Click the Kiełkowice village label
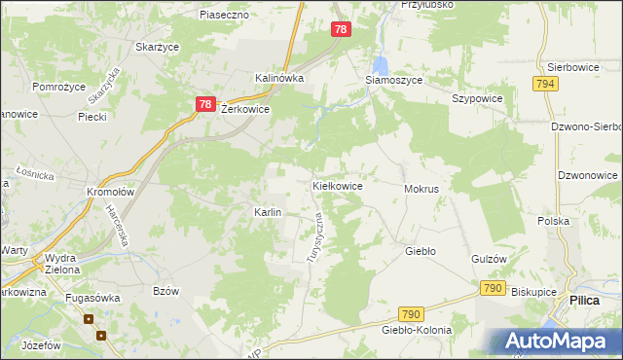point(337,185)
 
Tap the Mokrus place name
point(421,188)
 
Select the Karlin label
point(268,212)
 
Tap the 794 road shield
point(545,86)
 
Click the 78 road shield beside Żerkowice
point(203,104)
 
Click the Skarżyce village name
point(156,47)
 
